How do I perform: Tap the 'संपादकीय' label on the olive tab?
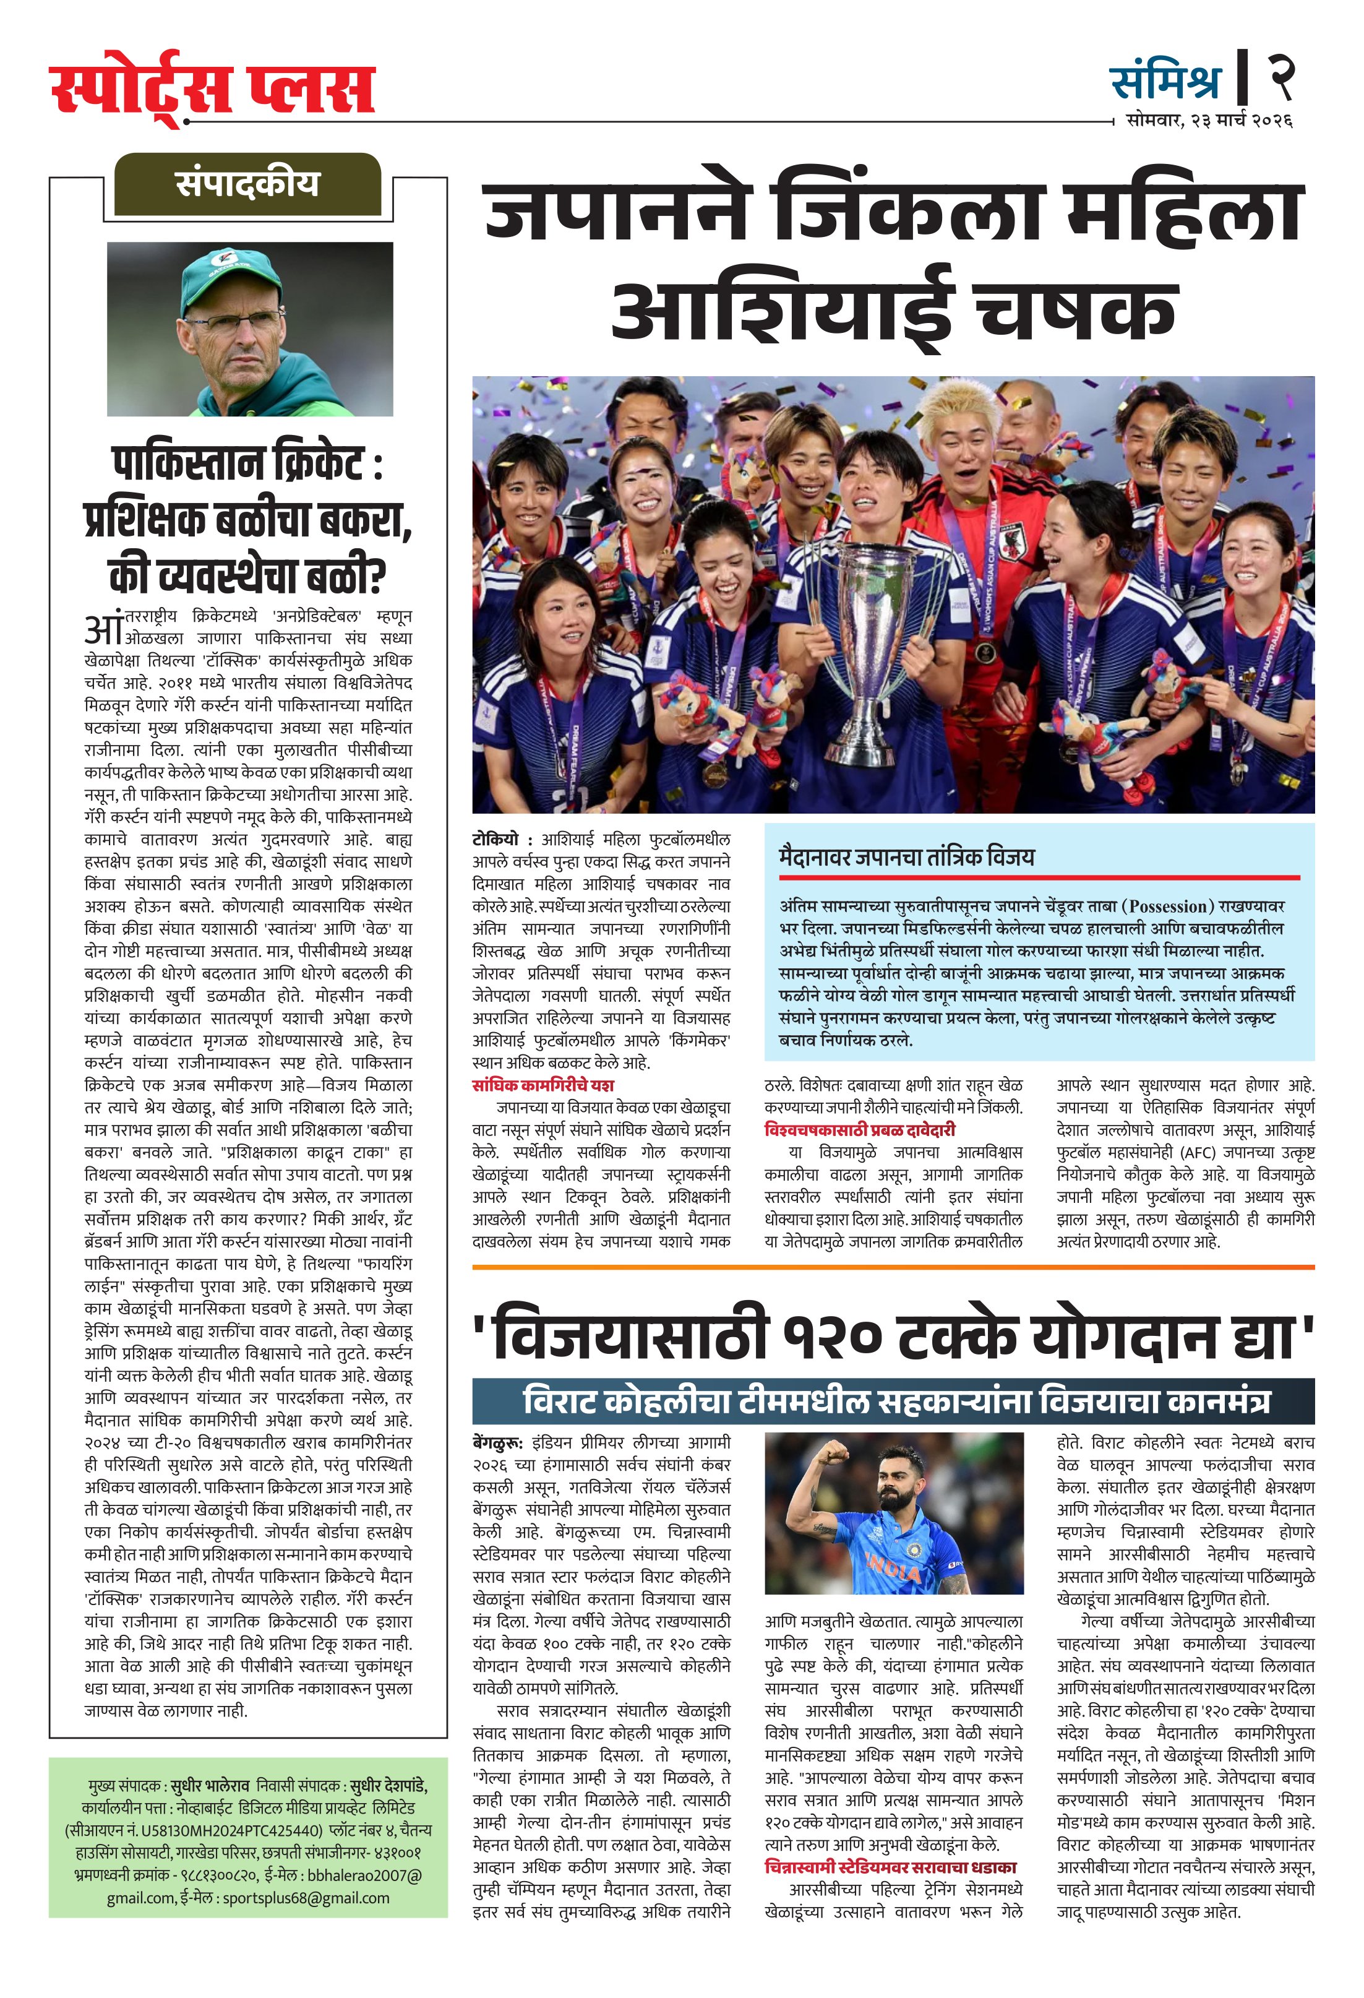[x=247, y=184]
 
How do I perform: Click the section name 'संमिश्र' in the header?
[x=1165, y=82]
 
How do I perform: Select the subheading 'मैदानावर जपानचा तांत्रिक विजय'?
[x=907, y=856]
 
